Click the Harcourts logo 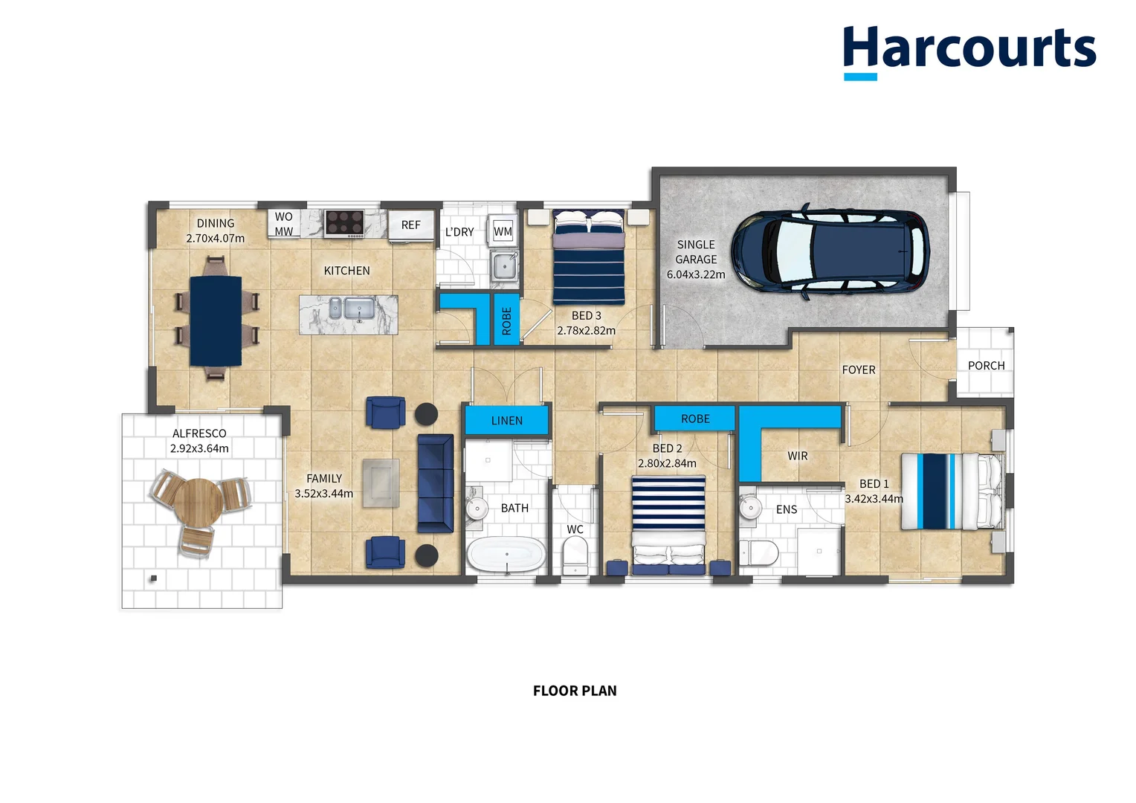pyautogui.click(x=969, y=51)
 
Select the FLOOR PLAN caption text pyautogui.click(x=575, y=691)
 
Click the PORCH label pyautogui.click(x=986, y=366)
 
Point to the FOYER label pyautogui.click(x=858, y=370)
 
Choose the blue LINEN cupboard pyautogui.click(x=507, y=420)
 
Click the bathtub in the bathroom pyautogui.click(x=506, y=555)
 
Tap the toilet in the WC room pyautogui.click(x=575, y=555)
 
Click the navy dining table pyautogui.click(x=216, y=320)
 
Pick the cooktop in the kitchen pyautogui.click(x=344, y=223)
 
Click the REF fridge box pyautogui.click(x=411, y=225)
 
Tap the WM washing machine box pyautogui.click(x=503, y=231)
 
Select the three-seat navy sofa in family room pyautogui.click(x=435, y=483)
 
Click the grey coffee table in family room pyautogui.click(x=381, y=483)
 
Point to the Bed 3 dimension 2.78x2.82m pyautogui.click(x=586, y=331)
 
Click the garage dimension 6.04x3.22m pyautogui.click(x=696, y=274)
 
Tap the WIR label pyautogui.click(x=797, y=456)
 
